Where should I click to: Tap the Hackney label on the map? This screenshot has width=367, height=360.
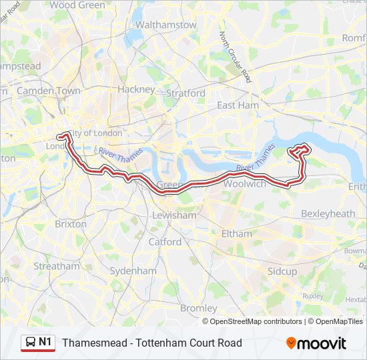click(136, 89)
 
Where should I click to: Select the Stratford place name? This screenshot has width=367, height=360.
click(186, 93)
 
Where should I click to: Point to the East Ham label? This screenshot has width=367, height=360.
click(238, 105)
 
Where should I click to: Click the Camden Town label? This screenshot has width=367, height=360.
click(49, 90)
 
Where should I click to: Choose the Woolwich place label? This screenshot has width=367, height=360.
click(245, 183)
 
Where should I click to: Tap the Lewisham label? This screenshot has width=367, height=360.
click(174, 215)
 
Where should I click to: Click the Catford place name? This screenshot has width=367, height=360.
click(165, 241)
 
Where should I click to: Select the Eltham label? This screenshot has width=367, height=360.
click(237, 234)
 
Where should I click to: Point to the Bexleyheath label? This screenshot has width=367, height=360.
click(328, 213)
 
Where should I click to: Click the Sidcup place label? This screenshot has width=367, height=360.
click(282, 271)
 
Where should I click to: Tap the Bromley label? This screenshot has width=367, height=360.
click(199, 308)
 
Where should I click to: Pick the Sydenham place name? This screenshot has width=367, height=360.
click(133, 271)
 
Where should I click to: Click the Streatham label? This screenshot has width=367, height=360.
click(57, 266)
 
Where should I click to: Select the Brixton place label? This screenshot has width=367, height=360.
click(71, 224)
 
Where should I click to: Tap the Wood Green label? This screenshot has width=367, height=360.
click(77, 5)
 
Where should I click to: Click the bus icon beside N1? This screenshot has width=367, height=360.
click(30, 342)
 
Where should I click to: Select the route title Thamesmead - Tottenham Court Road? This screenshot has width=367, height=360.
click(152, 343)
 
